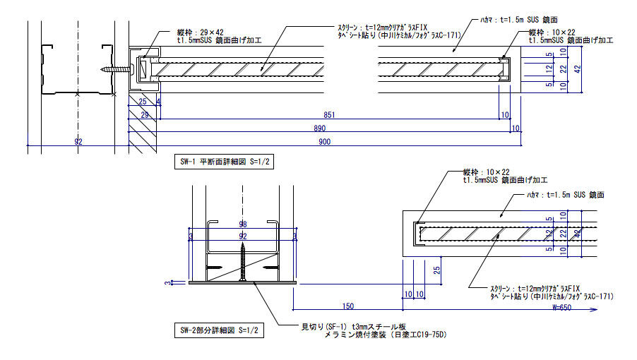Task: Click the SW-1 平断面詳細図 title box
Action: click(225, 162)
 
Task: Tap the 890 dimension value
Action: click(321, 128)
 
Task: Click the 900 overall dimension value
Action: click(324, 142)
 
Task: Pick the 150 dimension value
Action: click(348, 306)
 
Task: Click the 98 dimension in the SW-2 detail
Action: click(243, 224)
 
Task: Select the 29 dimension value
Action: click(144, 114)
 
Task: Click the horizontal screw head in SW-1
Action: click(131, 69)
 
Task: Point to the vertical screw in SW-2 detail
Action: click(243, 261)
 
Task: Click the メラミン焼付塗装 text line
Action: click(386, 335)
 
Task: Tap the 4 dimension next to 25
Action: click(157, 102)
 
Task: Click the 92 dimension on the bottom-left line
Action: click(78, 142)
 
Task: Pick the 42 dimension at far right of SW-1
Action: click(577, 69)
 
